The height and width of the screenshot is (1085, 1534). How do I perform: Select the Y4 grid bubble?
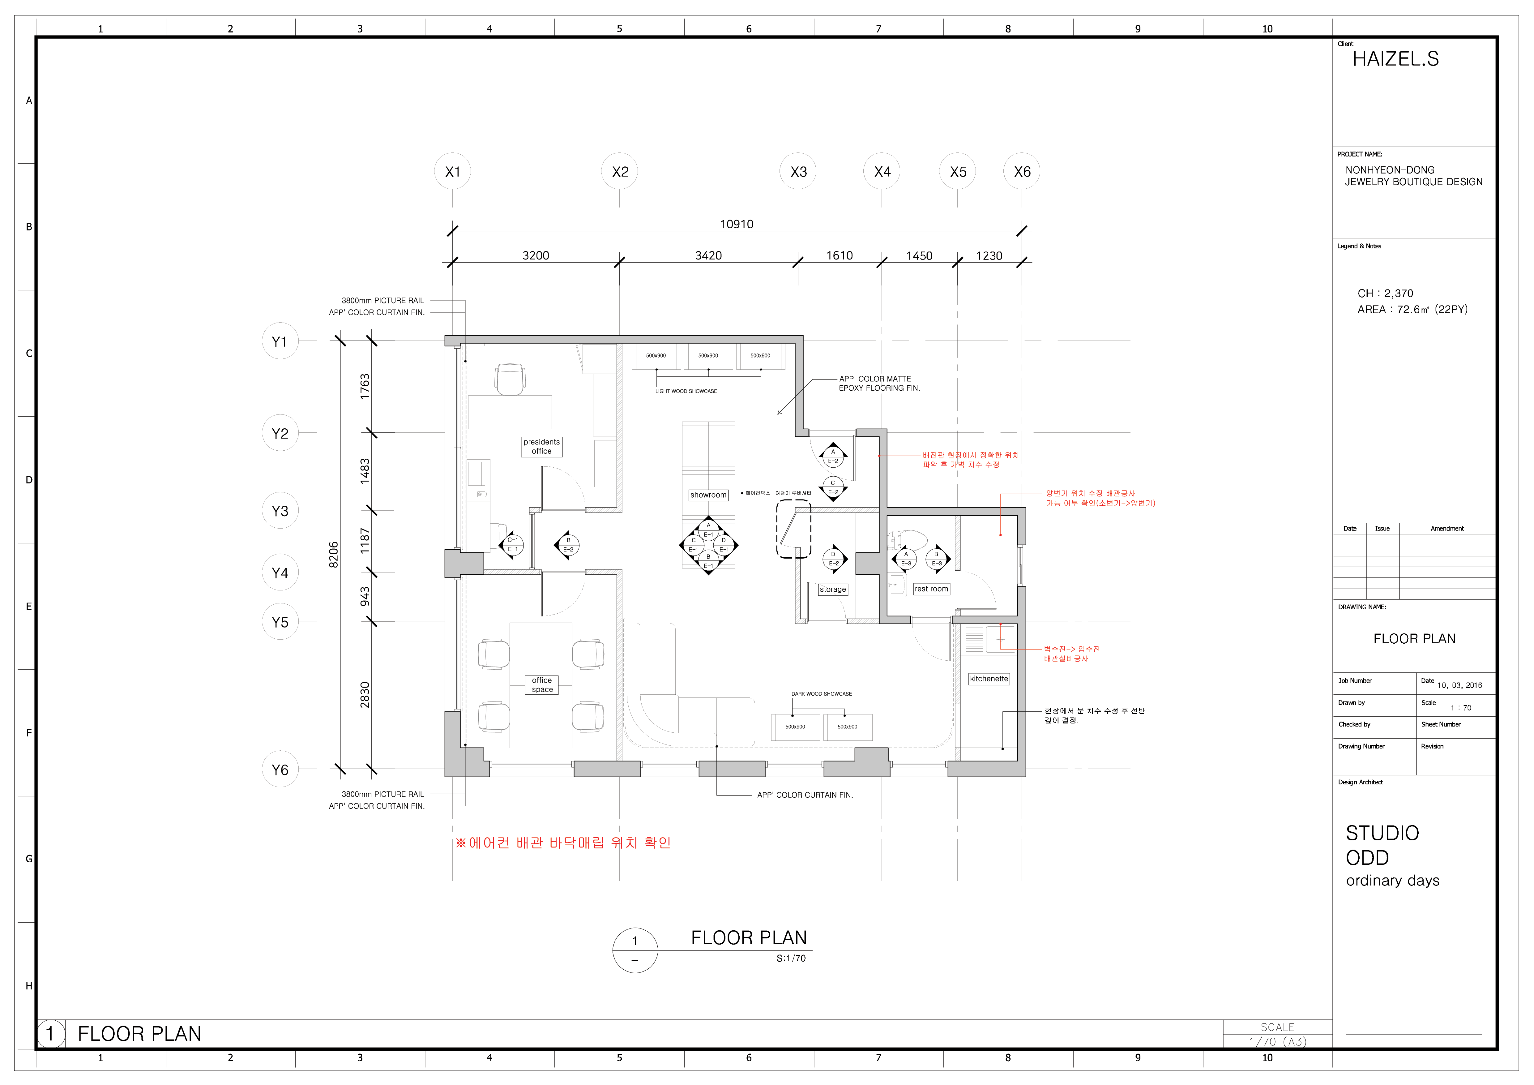tap(280, 573)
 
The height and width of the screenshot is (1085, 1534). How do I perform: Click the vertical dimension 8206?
tap(333, 555)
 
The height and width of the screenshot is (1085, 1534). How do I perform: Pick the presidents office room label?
tap(541, 446)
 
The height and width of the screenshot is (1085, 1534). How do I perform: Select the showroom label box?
tap(708, 495)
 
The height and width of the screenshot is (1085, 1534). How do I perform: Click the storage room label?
tap(832, 589)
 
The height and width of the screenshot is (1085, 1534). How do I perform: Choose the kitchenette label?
tap(989, 679)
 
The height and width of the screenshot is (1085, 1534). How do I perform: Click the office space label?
tap(542, 685)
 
